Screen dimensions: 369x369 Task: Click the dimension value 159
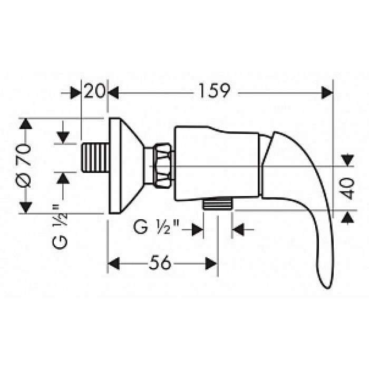point(214,92)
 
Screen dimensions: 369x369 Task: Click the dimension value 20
point(95,92)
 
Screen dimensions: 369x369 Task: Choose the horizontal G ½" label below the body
point(157,229)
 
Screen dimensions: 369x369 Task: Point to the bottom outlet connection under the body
point(218,205)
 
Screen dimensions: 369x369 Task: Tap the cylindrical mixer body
point(216,163)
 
